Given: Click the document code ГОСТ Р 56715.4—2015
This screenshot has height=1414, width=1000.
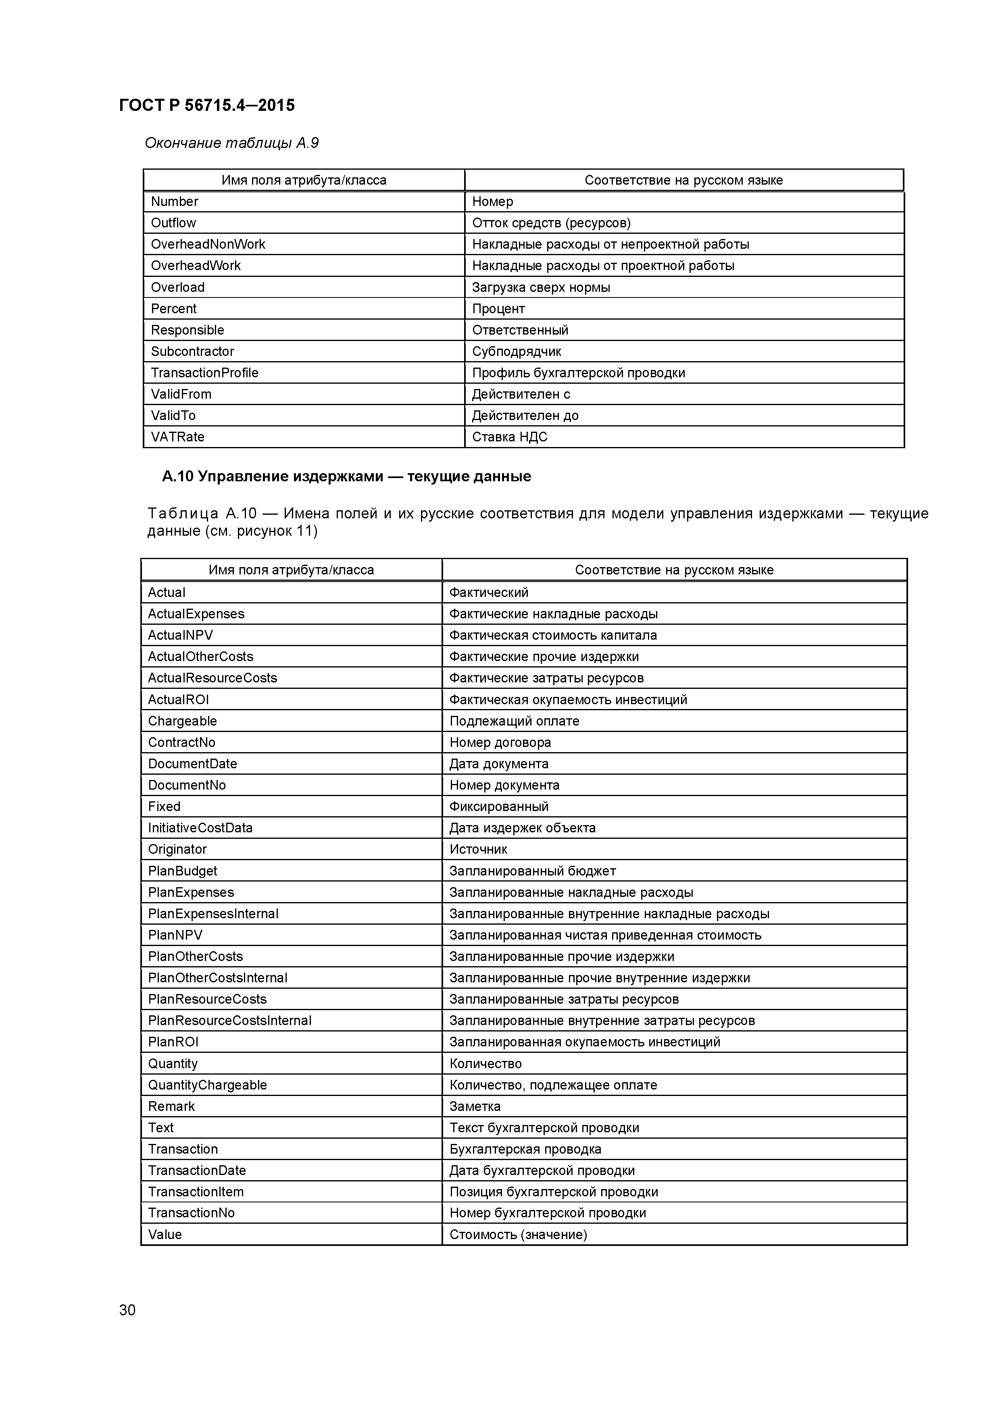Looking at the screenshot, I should (x=206, y=105).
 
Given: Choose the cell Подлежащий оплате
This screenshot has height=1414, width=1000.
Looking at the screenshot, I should (x=514, y=721).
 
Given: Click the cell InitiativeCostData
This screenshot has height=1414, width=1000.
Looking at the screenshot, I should (x=200, y=828).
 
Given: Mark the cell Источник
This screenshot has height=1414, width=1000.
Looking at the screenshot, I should (x=478, y=849).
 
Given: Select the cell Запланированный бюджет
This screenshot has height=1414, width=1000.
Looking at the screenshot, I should (x=532, y=871).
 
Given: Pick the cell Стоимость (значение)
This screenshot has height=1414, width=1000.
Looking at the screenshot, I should (x=518, y=1234).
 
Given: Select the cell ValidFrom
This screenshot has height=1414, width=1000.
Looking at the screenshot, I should (x=181, y=394).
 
